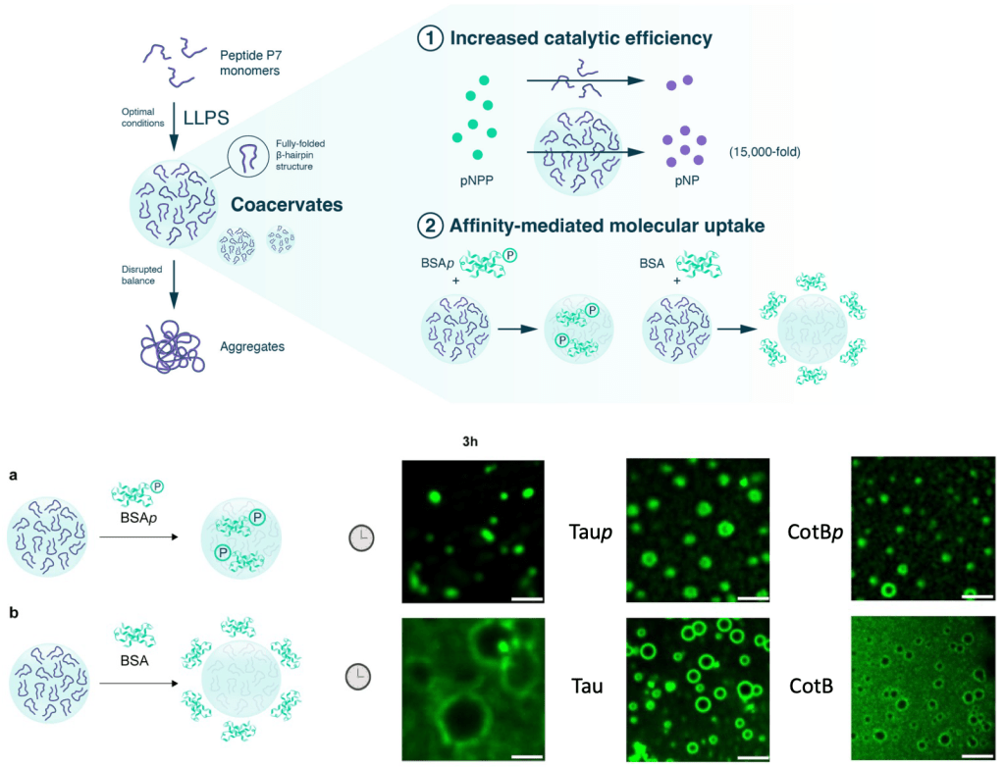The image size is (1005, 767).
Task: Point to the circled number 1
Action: (x=429, y=40)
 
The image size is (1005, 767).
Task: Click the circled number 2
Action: (x=429, y=227)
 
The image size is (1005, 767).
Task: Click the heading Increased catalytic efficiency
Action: (x=581, y=40)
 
